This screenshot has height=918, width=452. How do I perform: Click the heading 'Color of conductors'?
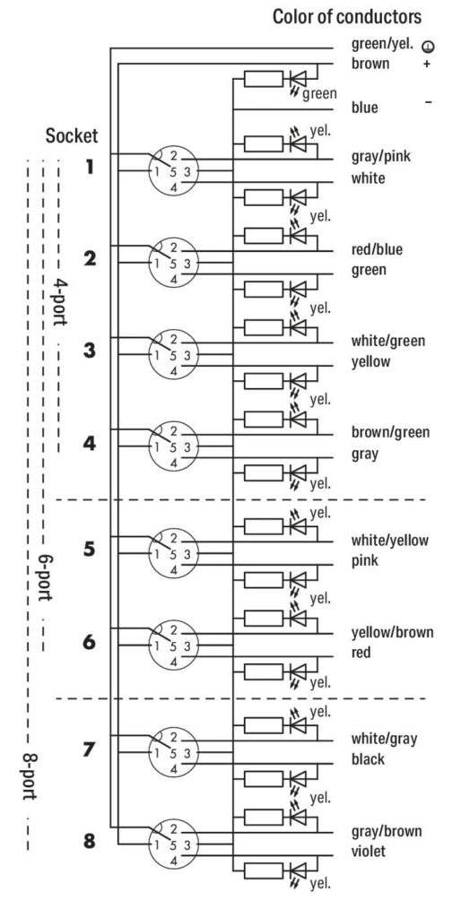coord(346,17)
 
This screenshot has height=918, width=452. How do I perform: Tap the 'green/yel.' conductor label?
coord(382,44)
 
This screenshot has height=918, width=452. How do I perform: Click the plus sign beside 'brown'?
coord(427,64)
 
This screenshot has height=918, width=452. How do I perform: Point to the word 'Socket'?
coord(72,136)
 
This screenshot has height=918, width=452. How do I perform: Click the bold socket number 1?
coord(90,168)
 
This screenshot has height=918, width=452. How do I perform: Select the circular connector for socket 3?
coord(173,355)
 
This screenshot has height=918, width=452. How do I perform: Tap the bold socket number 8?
coord(89,842)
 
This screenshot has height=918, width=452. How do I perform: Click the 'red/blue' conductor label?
coord(377,249)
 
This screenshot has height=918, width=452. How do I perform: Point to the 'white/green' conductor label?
coord(388,342)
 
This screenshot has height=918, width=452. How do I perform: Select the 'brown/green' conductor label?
coord(390,433)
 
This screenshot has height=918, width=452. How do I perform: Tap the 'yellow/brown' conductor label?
coord(392,632)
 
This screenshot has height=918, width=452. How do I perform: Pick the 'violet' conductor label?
coord(369,851)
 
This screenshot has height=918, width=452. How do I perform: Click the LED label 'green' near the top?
coord(319,93)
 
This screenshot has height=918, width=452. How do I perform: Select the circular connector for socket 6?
coord(173,645)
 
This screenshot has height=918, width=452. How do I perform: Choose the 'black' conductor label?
coord(369,759)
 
